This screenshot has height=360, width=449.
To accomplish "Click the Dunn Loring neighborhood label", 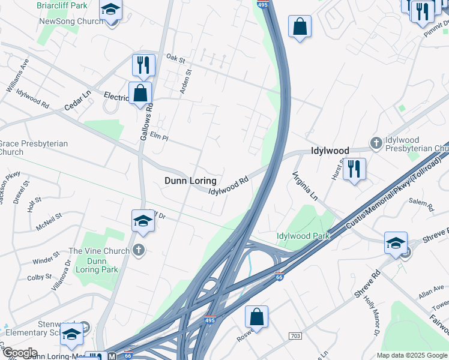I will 190,181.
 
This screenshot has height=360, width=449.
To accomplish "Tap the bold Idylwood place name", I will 330,151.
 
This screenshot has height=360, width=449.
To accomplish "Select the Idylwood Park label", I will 303,236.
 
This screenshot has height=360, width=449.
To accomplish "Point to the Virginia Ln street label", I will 304,186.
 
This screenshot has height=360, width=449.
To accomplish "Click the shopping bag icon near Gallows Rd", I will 140,94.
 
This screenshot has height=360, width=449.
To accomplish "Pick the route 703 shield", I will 295,337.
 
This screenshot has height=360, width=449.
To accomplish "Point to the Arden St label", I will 185,82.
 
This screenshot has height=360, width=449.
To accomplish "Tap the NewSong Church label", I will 71,21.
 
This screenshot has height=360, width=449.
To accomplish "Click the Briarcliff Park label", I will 62,5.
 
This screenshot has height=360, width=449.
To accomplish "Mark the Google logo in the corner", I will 19,352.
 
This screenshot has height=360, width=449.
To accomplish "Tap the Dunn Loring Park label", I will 97,265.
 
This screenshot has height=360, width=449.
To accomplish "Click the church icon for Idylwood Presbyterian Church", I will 376,142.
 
